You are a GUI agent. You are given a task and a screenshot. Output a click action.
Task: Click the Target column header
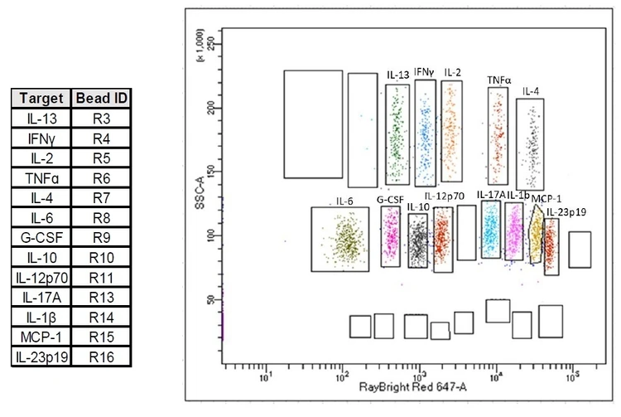point(41,99)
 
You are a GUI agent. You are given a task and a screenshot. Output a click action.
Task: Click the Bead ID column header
point(101,99)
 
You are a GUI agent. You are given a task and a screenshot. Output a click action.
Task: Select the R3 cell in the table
point(101,119)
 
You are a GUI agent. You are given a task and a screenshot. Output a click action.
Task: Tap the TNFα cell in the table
point(41,178)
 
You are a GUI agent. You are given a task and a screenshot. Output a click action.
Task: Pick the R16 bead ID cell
point(101,356)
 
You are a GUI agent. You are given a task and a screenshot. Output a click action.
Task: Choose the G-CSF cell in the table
point(41,237)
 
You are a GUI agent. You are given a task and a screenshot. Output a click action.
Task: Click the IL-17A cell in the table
point(41,297)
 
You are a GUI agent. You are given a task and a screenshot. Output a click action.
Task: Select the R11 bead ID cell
point(101,278)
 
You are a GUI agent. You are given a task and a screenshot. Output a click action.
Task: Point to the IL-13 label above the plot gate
point(397,75)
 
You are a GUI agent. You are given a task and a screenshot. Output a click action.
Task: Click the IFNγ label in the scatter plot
point(424,72)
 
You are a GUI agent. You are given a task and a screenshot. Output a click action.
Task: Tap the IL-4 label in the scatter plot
point(531,91)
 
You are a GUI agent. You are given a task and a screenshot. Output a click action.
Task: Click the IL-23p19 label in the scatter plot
point(566,212)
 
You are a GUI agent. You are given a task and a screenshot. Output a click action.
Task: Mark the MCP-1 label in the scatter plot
point(546,199)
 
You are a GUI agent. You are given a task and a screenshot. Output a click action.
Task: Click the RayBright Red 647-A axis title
point(412,387)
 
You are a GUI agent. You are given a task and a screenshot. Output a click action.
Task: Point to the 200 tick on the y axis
point(212,108)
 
